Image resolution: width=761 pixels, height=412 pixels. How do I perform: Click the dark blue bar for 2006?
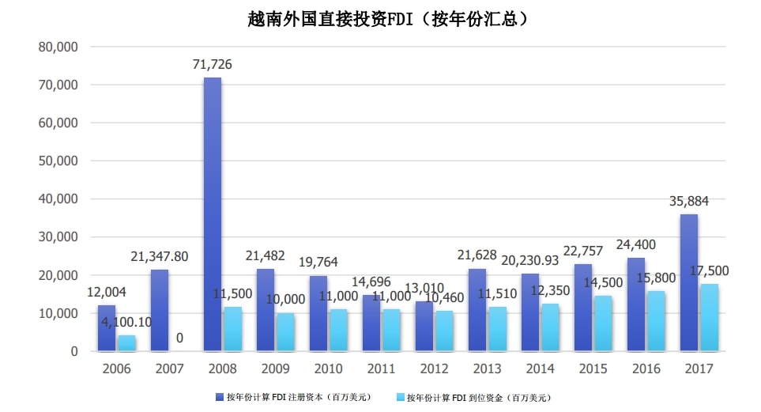pos(107,327)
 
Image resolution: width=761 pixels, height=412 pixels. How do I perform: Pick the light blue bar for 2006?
pos(126,342)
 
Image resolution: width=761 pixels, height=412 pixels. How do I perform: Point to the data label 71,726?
pos(213,64)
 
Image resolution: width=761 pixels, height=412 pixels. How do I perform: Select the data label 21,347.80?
pos(160,255)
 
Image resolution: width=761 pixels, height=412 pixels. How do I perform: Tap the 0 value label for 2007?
pos(179,338)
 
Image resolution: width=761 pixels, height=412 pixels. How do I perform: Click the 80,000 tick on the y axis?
pos(58,47)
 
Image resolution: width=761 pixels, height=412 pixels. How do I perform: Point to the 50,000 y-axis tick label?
pos(58,161)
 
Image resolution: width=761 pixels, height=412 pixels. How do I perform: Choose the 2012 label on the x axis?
pos(434,369)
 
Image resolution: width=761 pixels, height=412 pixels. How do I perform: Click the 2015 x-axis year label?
pos(593,369)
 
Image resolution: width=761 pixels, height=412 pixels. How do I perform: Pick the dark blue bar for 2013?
pos(477,309)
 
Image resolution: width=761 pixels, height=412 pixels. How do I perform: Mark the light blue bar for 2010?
pos(338,330)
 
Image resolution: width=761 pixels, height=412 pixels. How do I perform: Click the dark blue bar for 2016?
pos(636,304)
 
